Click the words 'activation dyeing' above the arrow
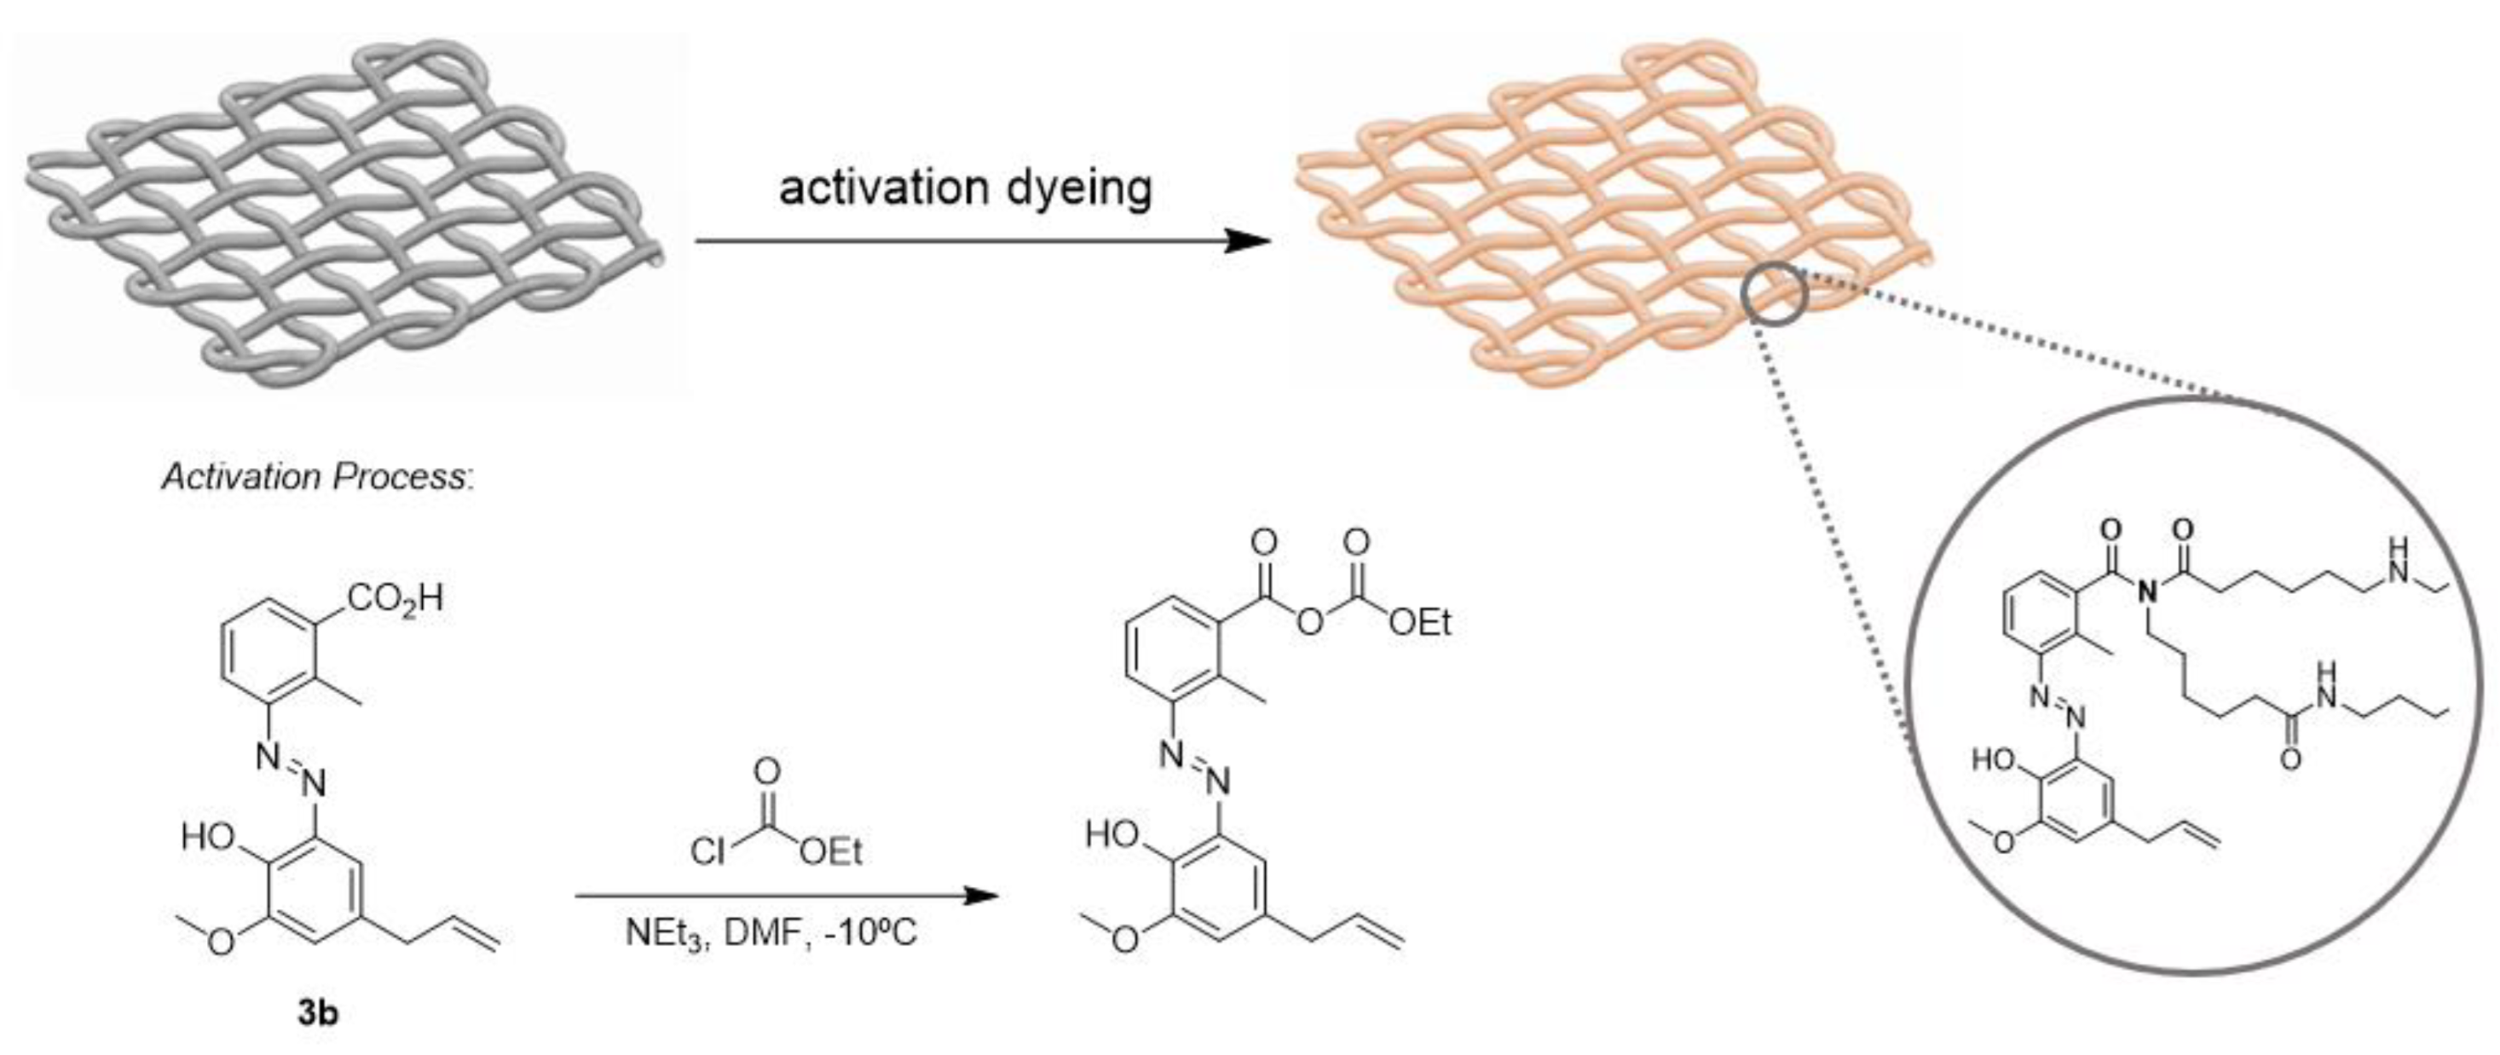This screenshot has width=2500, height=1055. click(965, 187)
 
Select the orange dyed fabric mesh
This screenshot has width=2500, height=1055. click(1611, 214)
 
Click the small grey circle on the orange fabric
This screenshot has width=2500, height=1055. click(1773, 295)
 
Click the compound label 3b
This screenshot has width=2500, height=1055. click(317, 1014)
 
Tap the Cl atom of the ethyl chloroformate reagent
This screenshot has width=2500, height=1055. click(707, 852)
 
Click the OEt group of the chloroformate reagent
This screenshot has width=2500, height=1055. click(831, 852)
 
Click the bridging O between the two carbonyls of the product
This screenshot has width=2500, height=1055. click(1310, 622)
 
